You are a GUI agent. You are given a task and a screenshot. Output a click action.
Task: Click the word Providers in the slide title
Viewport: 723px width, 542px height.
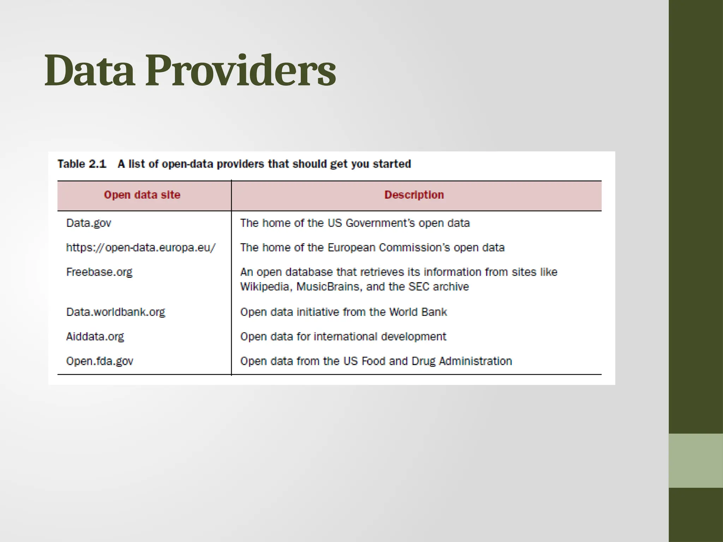pyautogui.click(x=240, y=71)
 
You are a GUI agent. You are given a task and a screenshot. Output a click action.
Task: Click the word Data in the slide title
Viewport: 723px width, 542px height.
pyautogui.click(x=89, y=71)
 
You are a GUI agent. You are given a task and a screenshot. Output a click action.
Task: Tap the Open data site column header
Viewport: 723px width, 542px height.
pyautogui.click(x=142, y=195)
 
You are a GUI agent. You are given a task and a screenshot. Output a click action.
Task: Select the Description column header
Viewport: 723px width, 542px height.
pyautogui.click(x=414, y=195)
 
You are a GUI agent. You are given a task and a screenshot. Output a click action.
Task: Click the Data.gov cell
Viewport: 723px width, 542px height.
pyautogui.click(x=89, y=223)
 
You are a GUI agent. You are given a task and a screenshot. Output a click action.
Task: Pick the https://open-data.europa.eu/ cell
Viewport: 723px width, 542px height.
pyautogui.click(x=141, y=248)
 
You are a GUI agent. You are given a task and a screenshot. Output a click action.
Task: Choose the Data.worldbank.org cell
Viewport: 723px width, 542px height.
pyautogui.click(x=115, y=312)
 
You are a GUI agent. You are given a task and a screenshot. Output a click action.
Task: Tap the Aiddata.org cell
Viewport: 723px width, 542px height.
pyautogui.click(x=95, y=337)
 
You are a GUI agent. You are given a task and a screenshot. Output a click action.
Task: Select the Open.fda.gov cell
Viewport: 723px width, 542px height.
pyautogui.click(x=100, y=361)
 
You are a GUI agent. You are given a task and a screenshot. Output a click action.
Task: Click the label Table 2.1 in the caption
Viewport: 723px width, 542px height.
pyautogui.click(x=82, y=164)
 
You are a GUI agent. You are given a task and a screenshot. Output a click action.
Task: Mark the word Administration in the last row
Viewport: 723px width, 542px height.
pyautogui.click(x=475, y=361)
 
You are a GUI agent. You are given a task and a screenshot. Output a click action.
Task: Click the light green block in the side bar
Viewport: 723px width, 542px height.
pyautogui.click(x=695, y=460)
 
